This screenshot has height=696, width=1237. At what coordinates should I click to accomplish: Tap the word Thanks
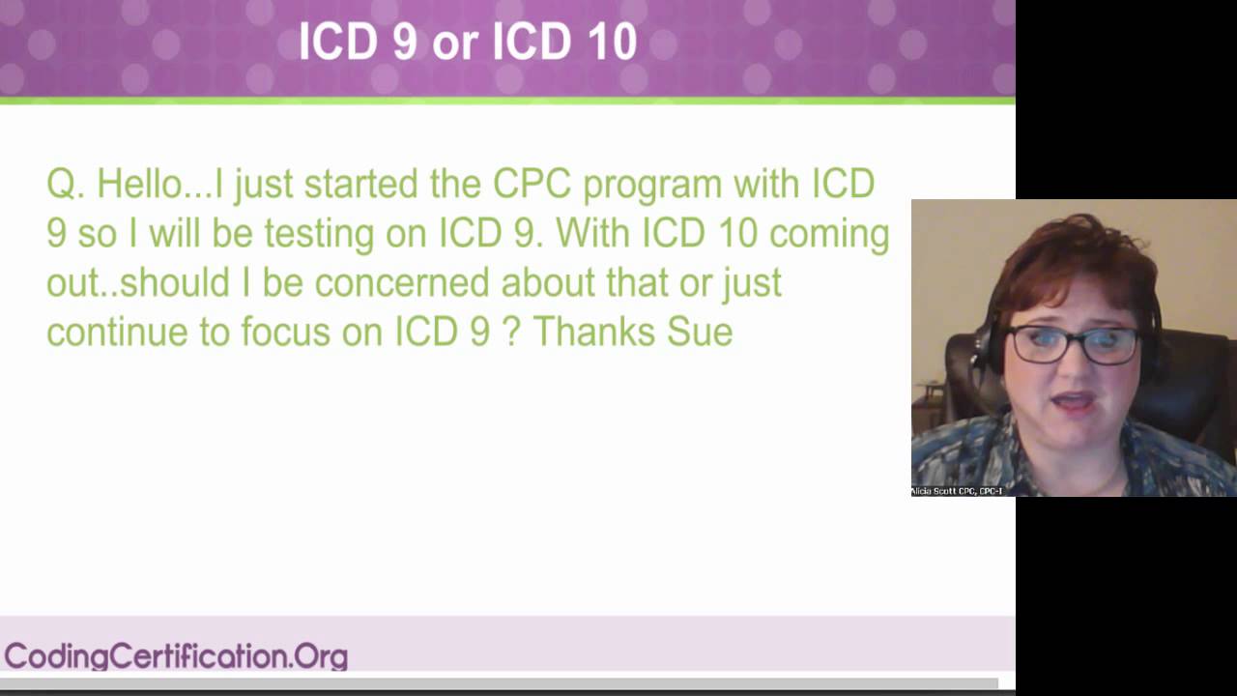(594, 332)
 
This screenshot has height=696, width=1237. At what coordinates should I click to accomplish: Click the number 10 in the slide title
(610, 43)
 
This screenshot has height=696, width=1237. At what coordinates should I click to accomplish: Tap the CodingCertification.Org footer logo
(176, 656)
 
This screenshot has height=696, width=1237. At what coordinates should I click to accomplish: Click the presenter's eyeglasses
(1073, 344)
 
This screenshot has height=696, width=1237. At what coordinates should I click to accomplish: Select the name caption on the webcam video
(957, 491)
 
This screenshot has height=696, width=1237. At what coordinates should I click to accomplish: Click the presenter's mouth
(1075, 401)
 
